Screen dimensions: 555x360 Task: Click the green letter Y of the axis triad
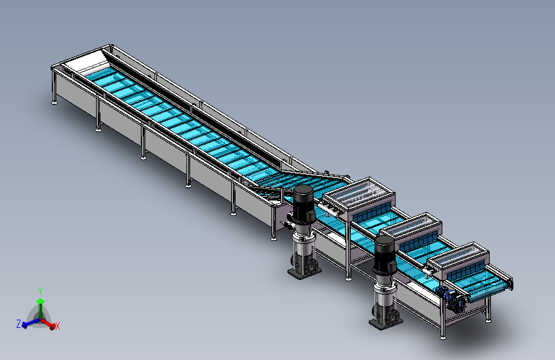click(40, 291)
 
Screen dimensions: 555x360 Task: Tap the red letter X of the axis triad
click(58, 326)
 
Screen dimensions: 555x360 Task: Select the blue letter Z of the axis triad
click(19, 323)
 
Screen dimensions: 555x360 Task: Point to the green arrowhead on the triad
click(41, 301)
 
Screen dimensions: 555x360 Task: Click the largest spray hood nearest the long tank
click(359, 199)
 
